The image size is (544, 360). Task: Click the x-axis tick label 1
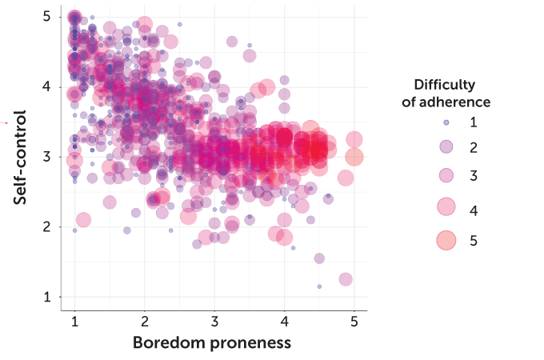pyautogui.click(x=74, y=322)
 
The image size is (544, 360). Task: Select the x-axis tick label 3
pyautogui.click(x=214, y=322)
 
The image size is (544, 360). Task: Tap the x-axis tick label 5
pyautogui.click(x=354, y=322)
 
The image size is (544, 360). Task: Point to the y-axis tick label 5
pyautogui.click(x=47, y=16)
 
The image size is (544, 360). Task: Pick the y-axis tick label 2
pyautogui.click(x=47, y=226)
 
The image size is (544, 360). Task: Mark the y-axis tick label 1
pyautogui.click(x=47, y=297)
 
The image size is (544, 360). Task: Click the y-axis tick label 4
pyautogui.click(x=47, y=86)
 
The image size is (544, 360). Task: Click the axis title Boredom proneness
pyautogui.click(x=211, y=343)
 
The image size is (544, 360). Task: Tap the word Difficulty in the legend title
pyautogui.click(x=445, y=85)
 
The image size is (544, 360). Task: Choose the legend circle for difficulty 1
pyautogui.click(x=446, y=122)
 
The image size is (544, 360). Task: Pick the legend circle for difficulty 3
pyautogui.click(x=446, y=176)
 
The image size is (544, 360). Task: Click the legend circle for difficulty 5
pyautogui.click(x=446, y=240)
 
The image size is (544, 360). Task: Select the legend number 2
pyautogui.click(x=474, y=147)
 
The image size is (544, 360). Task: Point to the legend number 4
pyautogui.click(x=474, y=210)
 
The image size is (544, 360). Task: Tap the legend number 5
pyautogui.click(x=474, y=240)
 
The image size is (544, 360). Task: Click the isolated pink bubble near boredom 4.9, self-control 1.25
pyautogui.click(x=346, y=279)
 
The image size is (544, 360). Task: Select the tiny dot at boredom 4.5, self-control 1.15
pyautogui.click(x=319, y=286)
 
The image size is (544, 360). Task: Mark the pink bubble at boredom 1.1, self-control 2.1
pyautogui.click(x=83, y=220)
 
